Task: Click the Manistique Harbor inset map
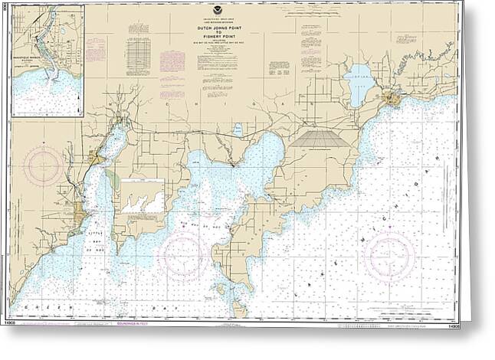coord(48,61)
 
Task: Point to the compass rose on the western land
coord(44,166)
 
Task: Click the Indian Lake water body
coord(359,84)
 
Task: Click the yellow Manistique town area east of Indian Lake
coord(393,97)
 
